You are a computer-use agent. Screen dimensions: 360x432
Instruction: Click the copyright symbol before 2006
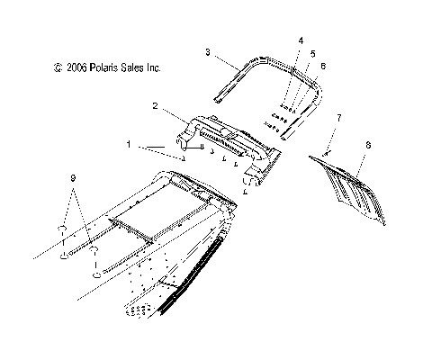click(x=58, y=67)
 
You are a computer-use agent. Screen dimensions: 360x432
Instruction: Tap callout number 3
click(x=208, y=55)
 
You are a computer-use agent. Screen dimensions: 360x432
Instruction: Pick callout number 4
click(x=300, y=40)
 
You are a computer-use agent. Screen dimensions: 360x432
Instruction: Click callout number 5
click(x=311, y=53)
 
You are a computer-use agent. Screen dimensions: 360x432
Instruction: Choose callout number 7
click(x=339, y=118)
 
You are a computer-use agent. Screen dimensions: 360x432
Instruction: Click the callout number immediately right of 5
click(x=323, y=66)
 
